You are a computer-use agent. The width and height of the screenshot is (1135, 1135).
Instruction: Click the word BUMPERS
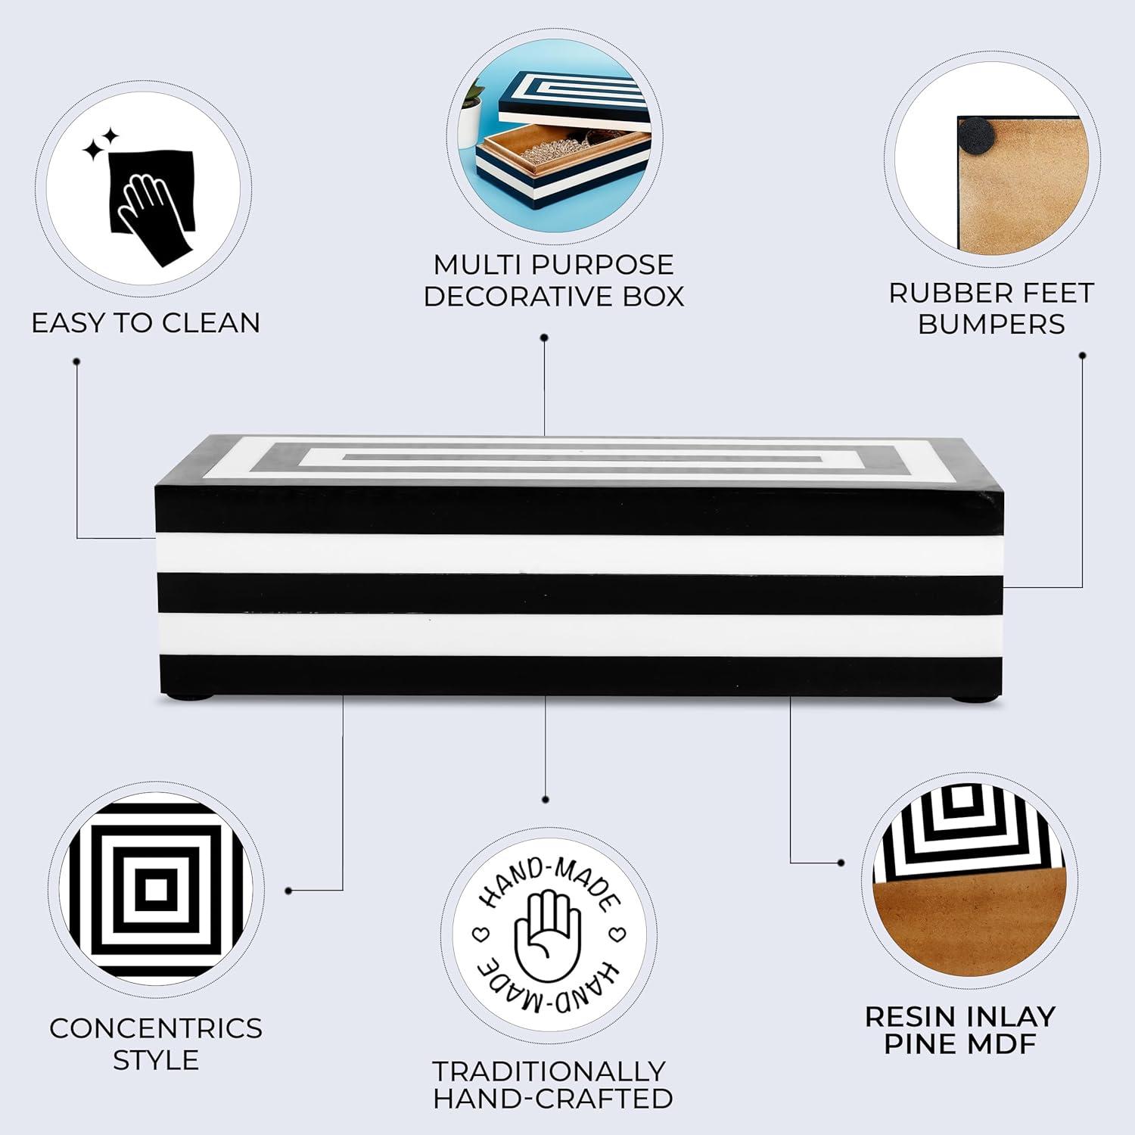[991, 324]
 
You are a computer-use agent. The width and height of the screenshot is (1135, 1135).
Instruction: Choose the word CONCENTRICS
[156, 1028]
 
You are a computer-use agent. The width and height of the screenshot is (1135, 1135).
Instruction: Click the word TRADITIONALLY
[549, 1071]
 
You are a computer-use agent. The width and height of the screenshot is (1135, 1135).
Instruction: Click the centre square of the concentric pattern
[156, 889]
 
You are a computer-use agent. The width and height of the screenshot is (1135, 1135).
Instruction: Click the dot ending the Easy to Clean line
[76, 362]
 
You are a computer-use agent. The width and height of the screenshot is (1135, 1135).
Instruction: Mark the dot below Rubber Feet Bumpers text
[1083, 355]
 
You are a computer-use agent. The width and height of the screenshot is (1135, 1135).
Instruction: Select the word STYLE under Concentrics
[156, 1060]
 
